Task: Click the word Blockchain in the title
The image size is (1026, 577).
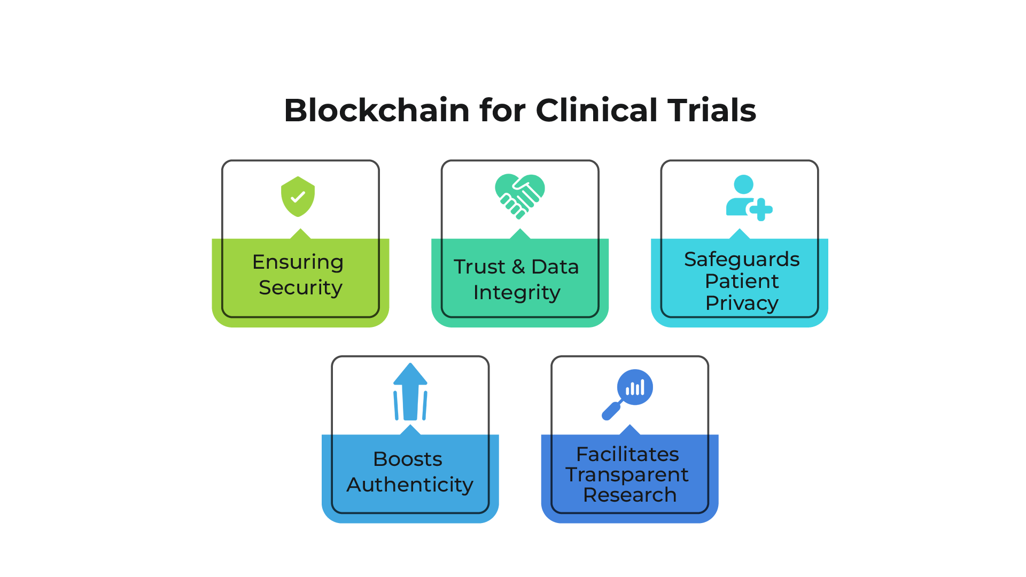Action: tap(377, 111)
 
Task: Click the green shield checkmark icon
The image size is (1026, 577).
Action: tap(298, 197)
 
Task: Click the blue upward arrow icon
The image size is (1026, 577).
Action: tap(410, 392)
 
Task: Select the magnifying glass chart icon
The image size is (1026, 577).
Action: tap(627, 395)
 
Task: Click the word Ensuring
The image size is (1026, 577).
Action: tap(298, 263)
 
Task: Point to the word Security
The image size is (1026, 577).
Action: tap(300, 288)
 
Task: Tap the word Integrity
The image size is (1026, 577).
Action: tap(517, 293)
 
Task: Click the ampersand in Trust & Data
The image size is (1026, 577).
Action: tap(518, 267)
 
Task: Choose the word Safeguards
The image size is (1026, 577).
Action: tap(742, 260)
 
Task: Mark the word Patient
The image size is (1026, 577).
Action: tap(742, 281)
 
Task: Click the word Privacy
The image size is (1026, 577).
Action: tap(742, 303)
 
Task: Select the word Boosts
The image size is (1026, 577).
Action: tap(408, 459)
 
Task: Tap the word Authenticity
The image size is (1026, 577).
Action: tap(410, 485)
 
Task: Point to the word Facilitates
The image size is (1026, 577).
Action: tap(627, 454)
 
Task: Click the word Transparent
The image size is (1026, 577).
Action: tap(627, 474)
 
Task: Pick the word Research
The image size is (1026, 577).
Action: tap(629, 495)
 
